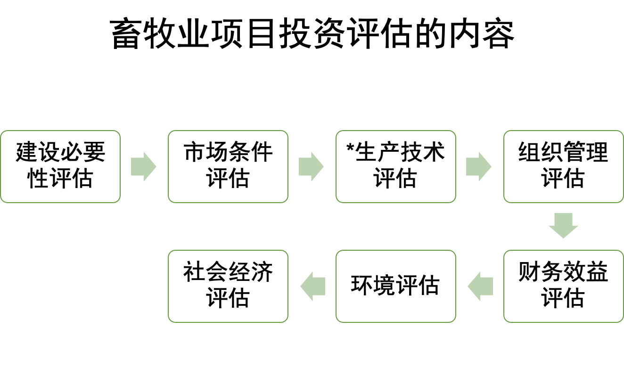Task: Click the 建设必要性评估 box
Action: pyautogui.click(x=60, y=166)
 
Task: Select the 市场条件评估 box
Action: pyautogui.click(x=228, y=166)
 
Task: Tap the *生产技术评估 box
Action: pyautogui.click(x=396, y=166)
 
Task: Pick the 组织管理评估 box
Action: pyautogui.click(x=563, y=166)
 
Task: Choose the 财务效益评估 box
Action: pyautogui.click(x=563, y=286)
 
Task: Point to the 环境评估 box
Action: pyautogui.click(x=396, y=286)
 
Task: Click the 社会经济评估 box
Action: pyautogui.click(x=228, y=286)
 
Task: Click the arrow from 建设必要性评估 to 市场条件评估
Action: pyautogui.click(x=143, y=166)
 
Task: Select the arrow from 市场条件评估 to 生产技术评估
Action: pyautogui.click(x=311, y=166)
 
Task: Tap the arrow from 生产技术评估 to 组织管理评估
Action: pyautogui.click(x=478, y=166)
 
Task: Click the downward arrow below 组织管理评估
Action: pyautogui.click(x=563, y=225)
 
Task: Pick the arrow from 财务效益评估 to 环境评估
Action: pyautogui.click(x=480, y=286)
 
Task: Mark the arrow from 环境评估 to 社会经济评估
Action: pyautogui.click(x=312, y=286)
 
